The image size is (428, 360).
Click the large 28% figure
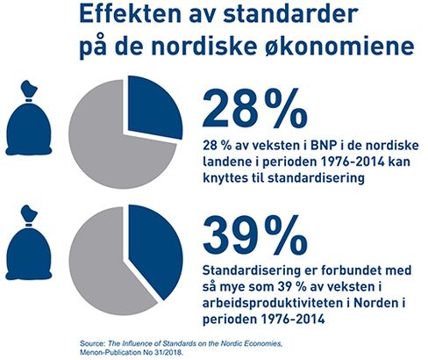coord(255,108)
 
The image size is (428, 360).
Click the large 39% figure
coord(255,235)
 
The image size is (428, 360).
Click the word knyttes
coord(223,178)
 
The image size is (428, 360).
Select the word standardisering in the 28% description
coord(316,177)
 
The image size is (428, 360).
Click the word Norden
coord(372,303)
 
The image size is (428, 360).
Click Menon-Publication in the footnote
coord(107,352)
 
